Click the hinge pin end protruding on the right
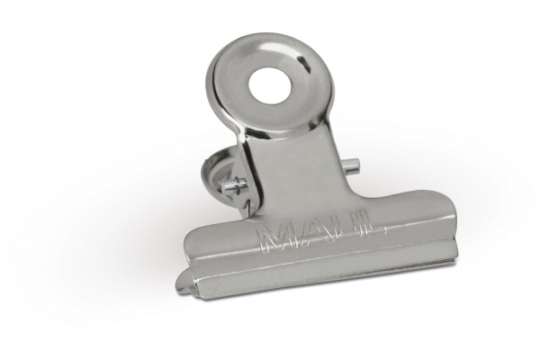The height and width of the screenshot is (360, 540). (352, 166)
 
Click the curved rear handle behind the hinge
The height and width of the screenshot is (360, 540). (215, 172)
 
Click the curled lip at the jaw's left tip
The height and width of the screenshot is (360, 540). (185, 281)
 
